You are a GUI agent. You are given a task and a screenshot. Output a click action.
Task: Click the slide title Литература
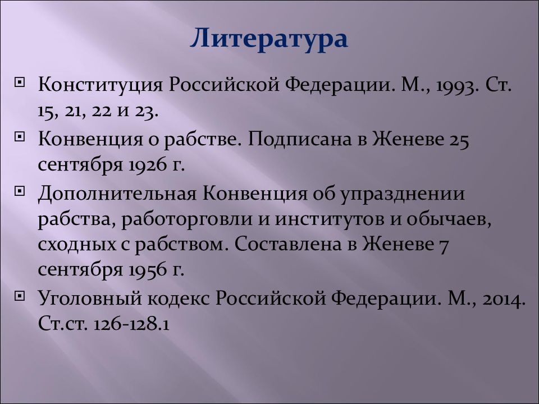click(x=269, y=40)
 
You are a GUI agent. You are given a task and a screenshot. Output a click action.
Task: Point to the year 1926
click(x=147, y=166)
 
